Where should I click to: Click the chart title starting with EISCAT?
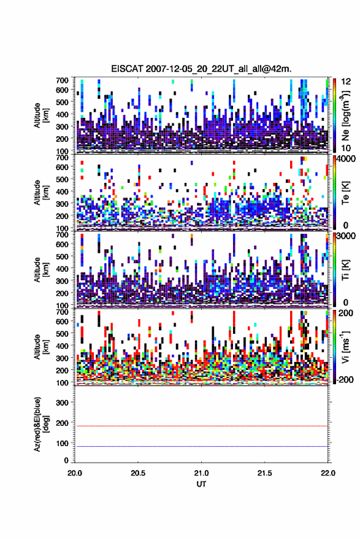(201, 69)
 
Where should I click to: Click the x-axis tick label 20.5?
(138, 473)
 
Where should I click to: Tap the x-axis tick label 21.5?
(265, 473)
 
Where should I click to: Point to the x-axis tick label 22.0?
(328, 473)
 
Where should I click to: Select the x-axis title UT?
(201, 484)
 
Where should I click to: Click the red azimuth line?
(201, 426)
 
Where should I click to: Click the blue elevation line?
(201, 446)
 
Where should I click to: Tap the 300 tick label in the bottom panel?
(63, 403)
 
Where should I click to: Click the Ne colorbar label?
(346, 115)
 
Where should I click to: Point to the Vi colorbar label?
(346, 347)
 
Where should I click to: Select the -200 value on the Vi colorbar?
(345, 379)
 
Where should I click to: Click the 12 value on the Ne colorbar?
(346, 81)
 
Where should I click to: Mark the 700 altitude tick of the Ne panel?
(63, 80)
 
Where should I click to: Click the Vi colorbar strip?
(334, 347)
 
